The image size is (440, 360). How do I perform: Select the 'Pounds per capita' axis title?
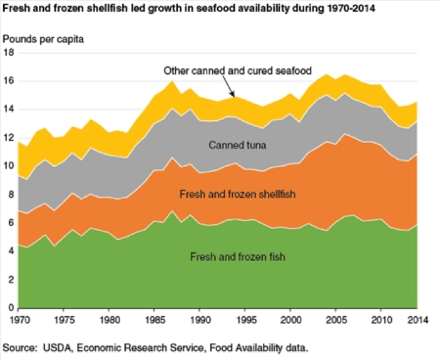[x=43, y=39]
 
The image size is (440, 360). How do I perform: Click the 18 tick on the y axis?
[x=9, y=53]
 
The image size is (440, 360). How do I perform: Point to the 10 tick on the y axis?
[x=9, y=166]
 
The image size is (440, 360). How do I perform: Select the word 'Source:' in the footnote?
[x=20, y=346]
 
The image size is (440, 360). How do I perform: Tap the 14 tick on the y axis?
[x=9, y=110]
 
